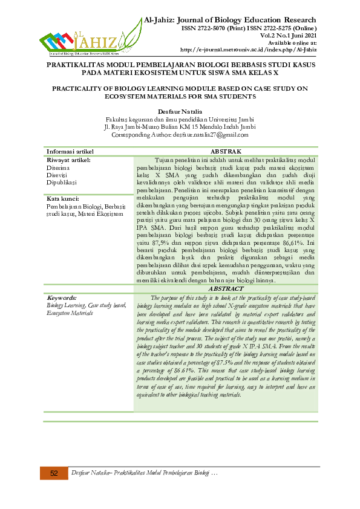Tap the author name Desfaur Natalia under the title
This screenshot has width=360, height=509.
pyautogui.click(x=180, y=112)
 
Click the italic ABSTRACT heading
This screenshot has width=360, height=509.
pyautogui.click(x=225, y=290)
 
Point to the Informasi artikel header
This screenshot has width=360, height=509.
pyautogui.click(x=70, y=151)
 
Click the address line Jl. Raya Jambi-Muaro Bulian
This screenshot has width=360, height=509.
pyautogui.click(x=180, y=127)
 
